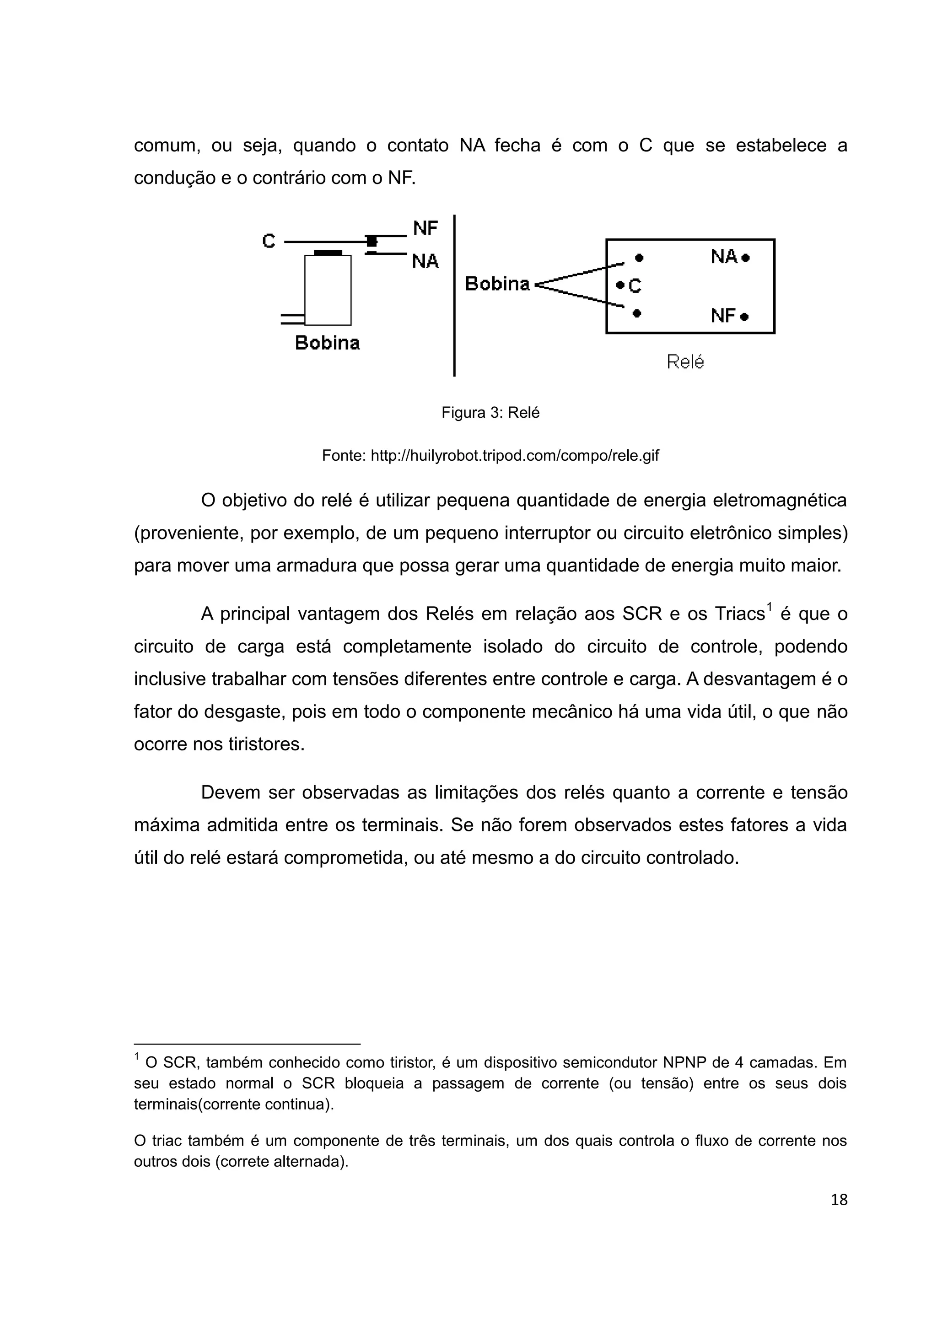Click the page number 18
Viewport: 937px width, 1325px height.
(839, 1200)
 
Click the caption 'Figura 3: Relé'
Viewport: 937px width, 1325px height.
(490, 413)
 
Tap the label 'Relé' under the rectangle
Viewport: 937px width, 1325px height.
(685, 362)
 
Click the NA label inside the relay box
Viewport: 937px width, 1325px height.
(724, 257)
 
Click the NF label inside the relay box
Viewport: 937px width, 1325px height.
(723, 316)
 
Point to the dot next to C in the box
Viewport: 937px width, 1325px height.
(619, 285)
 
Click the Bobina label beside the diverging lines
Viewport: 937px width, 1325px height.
(497, 284)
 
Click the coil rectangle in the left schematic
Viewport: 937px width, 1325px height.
(328, 290)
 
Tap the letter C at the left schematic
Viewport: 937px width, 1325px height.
(269, 241)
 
